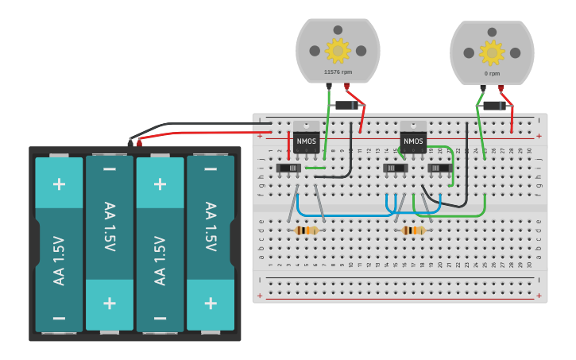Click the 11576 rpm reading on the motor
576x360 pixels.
338,72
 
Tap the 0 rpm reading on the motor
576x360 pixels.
492,73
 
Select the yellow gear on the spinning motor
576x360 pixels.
338,51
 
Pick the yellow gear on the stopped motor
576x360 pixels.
492,52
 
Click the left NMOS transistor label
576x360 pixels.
306,142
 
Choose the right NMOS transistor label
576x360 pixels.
413,142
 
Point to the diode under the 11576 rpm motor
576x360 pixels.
346,105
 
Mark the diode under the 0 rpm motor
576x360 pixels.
494,106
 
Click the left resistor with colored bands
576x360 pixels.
307,230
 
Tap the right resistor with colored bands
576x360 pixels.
414,230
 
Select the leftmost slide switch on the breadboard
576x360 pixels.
288,168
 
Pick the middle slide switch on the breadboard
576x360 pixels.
395,168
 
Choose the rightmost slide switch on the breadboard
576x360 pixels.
439,168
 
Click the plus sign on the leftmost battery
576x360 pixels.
59,184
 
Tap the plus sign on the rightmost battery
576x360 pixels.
211,303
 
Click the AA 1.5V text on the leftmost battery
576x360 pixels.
59,261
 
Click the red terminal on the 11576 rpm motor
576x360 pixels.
346,86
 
